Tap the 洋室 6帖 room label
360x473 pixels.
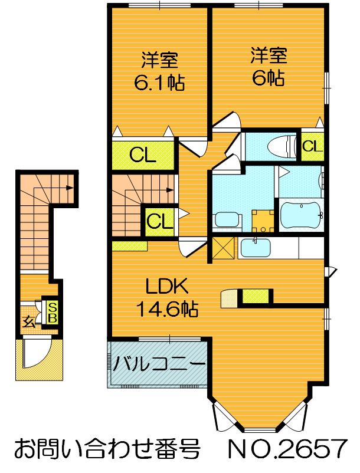click(268, 66)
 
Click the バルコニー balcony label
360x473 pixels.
click(158, 363)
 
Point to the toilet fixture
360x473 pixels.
click(282, 146)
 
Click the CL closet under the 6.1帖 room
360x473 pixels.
click(142, 155)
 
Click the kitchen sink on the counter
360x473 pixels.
click(256, 247)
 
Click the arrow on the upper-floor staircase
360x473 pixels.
click(169, 190)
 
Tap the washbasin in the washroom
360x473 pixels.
click(225, 219)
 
